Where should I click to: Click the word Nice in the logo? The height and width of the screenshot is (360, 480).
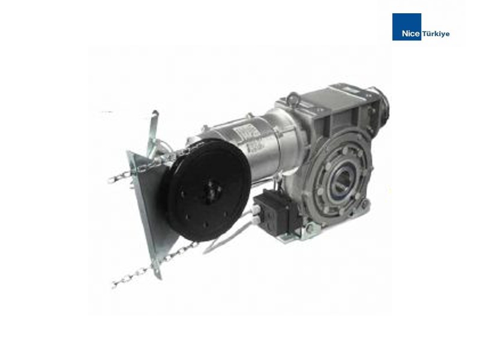point(411,34)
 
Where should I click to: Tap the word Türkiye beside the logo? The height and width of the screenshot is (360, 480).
point(436,34)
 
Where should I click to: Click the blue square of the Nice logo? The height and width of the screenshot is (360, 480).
point(407,26)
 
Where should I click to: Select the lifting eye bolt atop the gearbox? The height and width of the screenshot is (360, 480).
point(293,98)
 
